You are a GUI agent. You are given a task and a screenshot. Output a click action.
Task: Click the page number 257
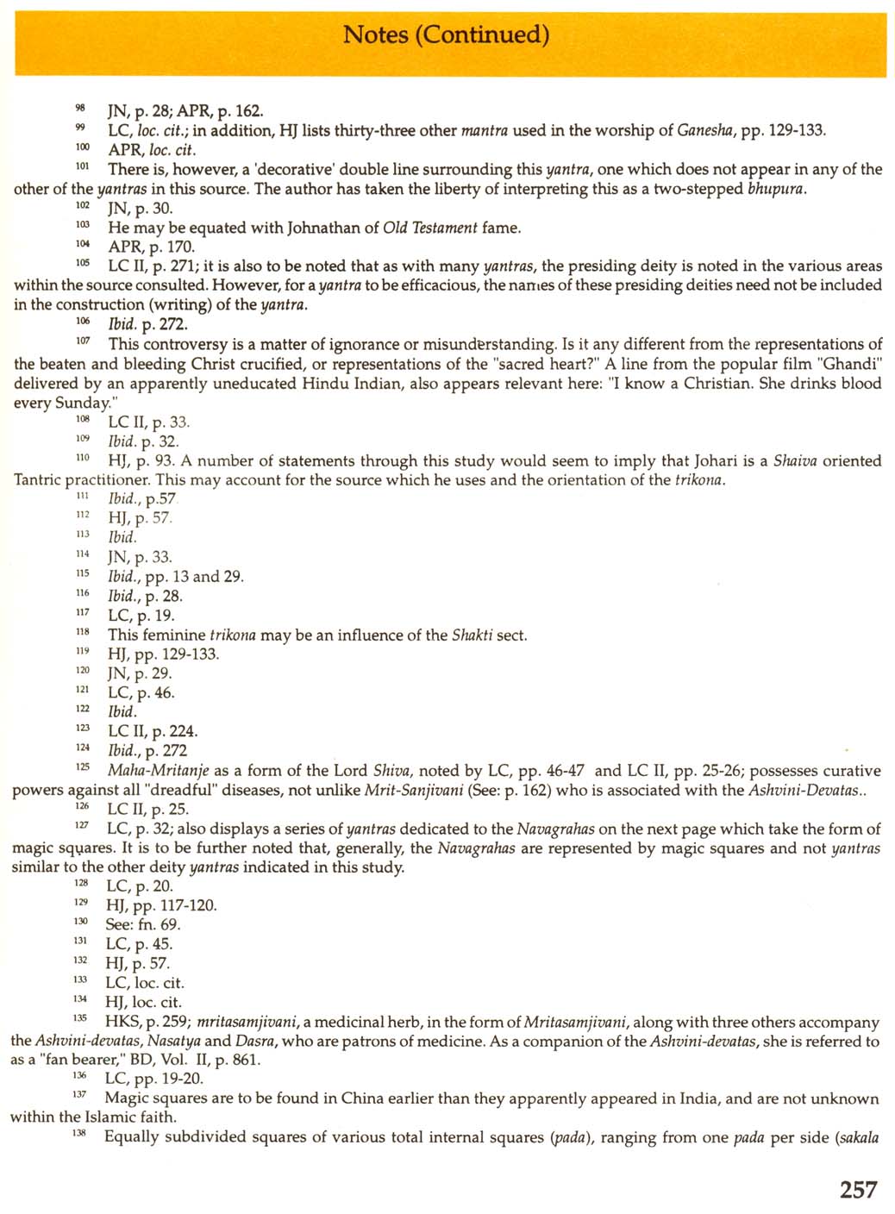(858, 1190)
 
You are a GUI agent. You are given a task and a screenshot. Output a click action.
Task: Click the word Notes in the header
(376, 34)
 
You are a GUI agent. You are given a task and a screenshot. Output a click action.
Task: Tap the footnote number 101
(82, 166)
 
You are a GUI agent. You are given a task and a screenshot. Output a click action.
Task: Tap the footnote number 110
(82, 458)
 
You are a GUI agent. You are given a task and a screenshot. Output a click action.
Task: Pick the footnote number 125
(82, 767)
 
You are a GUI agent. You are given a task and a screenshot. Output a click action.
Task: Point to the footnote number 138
(79, 1134)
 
